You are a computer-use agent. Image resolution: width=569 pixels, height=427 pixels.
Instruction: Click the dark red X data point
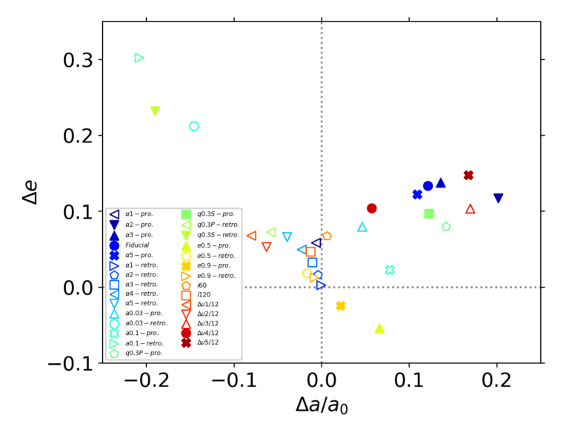468,175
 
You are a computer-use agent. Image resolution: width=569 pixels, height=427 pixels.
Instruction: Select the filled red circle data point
372,208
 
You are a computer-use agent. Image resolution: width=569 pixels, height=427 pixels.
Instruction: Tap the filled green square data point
429,213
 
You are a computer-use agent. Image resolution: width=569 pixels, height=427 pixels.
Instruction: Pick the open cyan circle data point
194,126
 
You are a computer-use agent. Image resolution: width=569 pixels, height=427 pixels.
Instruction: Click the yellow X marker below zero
341,305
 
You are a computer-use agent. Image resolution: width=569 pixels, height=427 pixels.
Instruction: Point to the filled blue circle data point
427,186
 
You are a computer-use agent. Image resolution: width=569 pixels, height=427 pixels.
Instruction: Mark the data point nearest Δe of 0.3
139,58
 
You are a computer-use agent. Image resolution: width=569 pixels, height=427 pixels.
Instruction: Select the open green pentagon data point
446,227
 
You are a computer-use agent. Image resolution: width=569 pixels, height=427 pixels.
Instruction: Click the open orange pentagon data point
327,236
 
